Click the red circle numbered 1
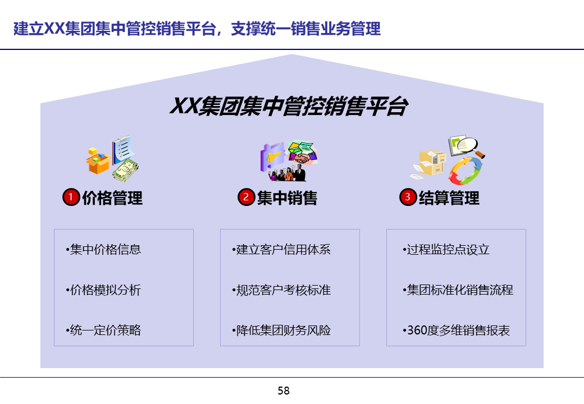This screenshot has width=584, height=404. pyautogui.click(x=71, y=198)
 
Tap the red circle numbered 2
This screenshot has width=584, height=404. pyautogui.click(x=246, y=198)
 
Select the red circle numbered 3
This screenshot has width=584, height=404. pyautogui.click(x=408, y=198)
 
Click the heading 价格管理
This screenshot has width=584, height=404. pyautogui.click(x=112, y=198)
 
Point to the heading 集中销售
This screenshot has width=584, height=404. pyautogui.click(x=287, y=198)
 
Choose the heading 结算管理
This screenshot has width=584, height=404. pyautogui.click(x=449, y=198)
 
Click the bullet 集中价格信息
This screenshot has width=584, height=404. pyautogui.click(x=103, y=250)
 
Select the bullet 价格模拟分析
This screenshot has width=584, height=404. pyautogui.click(x=103, y=290)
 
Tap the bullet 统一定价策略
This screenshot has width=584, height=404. pyautogui.click(x=103, y=330)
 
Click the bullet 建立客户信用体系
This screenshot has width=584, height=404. pyautogui.click(x=281, y=250)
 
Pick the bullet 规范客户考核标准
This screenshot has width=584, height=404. pyautogui.click(x=281, y=290)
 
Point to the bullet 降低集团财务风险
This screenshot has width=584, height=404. pyautogui.click(x=281, y=330)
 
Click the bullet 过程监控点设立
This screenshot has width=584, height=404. pyautogui.click(x=446, y=250)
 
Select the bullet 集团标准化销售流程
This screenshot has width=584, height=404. pyautogui.click(x=458, y=290)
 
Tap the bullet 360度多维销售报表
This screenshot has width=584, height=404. pyautogui.click(x=457, y=330)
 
